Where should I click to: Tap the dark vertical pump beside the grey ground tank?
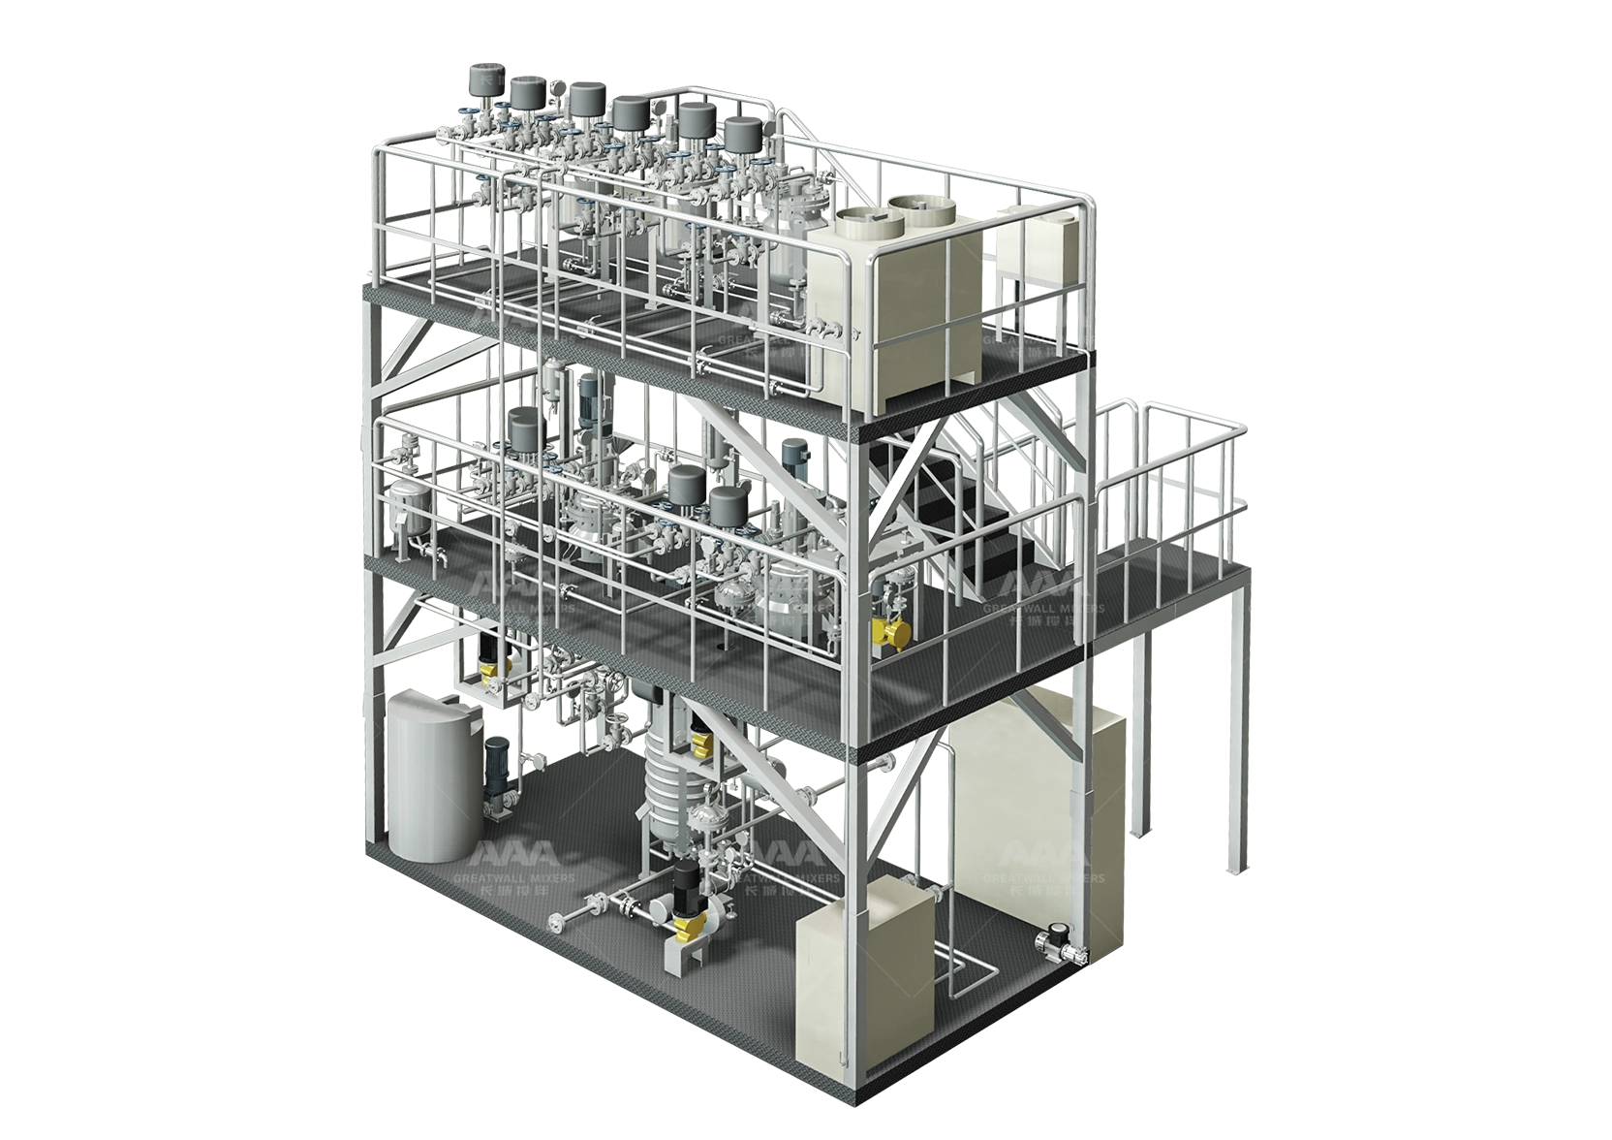(x=496, y=776)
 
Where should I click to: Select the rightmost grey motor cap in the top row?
(x=743, y=136)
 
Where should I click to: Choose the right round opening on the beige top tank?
(x=912, y=206)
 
